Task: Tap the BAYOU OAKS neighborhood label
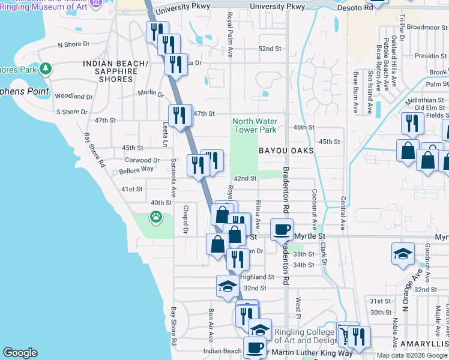pos(286,151)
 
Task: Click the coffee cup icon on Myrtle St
pos(282,229)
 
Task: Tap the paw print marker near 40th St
pos(156,217)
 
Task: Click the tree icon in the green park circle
pos(46,69)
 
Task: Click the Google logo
pos(20,353)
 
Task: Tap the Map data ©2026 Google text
pos(411,355)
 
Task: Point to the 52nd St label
pos(270,49)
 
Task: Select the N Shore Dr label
pos(73,44)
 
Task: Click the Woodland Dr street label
pos(73,96)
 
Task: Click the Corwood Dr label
pos(142,160)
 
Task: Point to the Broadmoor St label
pos(427,27)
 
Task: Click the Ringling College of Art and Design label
pos(304,337)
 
